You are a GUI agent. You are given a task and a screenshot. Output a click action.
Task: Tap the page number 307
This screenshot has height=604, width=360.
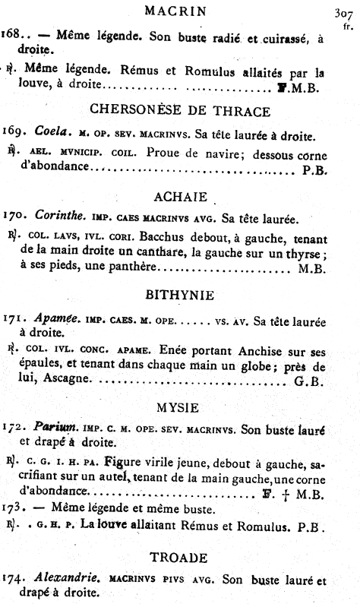pos(345,14)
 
